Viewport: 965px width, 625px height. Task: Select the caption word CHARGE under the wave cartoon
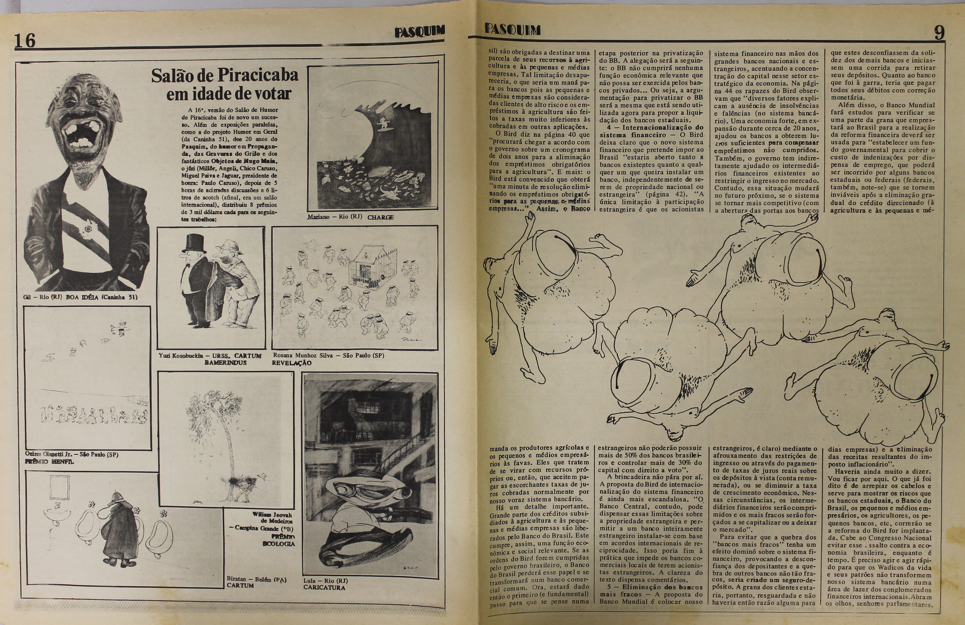[x=380, y=217]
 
